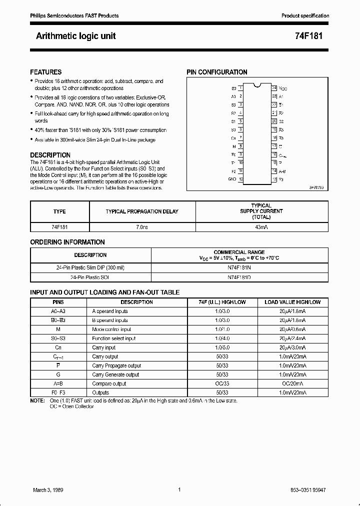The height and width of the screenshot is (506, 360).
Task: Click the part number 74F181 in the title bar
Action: tap(315, 36)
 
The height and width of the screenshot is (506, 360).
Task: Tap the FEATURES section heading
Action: tap(45, 72)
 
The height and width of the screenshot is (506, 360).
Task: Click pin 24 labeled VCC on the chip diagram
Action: tap(283, 88)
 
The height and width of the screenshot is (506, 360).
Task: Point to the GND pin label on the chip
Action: tap(232, 179)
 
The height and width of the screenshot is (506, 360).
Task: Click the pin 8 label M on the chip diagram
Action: tap(234, 146)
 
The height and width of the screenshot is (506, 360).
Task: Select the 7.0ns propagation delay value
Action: tap(142, 226)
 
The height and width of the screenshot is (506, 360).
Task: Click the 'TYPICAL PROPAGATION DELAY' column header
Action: tap(142, 211)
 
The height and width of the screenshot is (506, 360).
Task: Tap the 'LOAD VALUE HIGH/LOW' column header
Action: tap(292, 302)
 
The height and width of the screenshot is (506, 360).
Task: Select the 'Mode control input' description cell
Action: tap(111, 329)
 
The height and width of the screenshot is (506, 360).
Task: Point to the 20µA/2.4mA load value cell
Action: tap(293, 338)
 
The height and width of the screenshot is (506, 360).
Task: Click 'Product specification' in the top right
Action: tap(305, 16)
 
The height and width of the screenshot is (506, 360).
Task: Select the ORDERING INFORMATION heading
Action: tap(67, 242)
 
